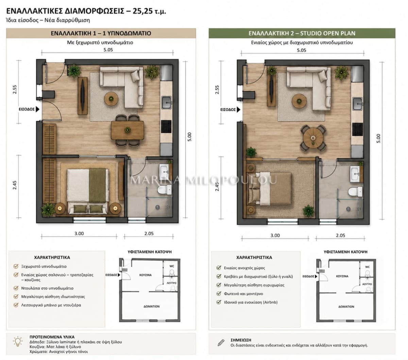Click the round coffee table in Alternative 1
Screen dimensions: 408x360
111,99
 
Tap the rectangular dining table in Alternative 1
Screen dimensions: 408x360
128,130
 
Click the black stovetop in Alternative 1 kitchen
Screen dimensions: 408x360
166,126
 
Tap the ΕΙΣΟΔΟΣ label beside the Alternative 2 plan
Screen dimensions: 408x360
228,110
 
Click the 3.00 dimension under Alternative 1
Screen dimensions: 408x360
79,233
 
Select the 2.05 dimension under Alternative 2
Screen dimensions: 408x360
340,235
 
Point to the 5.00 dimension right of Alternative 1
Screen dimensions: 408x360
189,137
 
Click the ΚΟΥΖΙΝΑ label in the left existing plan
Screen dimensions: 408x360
146,275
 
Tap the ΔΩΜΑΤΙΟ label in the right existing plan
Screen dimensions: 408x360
346,307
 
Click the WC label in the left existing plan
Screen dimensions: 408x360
172,266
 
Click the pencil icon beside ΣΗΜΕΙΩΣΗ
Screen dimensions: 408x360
221,343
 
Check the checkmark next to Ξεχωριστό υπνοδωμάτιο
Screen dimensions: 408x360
16,266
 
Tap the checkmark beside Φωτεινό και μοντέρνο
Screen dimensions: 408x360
219,293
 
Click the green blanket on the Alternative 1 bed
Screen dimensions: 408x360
98,185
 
